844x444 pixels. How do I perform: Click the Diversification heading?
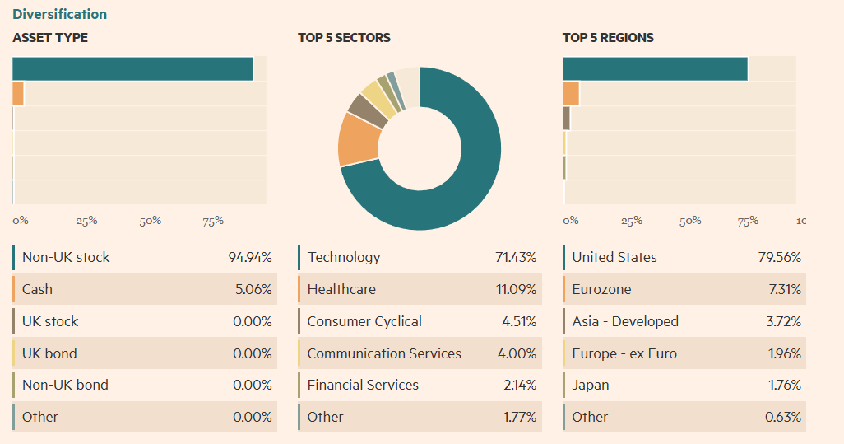(x=59, y=14)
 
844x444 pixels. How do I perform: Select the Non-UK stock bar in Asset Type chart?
(x=132, y=69)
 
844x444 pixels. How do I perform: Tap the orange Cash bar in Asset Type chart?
(x=18, y=94)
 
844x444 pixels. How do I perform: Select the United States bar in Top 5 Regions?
(x=655, y=69)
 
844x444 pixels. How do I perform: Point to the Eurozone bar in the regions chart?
(x=571, y=94)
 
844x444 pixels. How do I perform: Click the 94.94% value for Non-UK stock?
(x=249, y=257)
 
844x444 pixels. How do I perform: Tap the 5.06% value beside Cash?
(x=253, y=289)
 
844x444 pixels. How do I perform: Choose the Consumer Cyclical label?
(x=364, y=321)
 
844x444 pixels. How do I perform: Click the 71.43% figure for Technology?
(x=515, y=257)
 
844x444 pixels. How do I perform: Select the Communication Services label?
(x=384, y=353)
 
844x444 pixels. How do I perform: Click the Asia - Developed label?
(x=625, y=321)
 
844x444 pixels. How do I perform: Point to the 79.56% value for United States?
(x=779, y=257)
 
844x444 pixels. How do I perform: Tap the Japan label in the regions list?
(x=591, y=385)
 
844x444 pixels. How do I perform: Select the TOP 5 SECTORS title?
(x=344, y=38)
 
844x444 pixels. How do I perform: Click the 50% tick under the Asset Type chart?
(x=150, y=221)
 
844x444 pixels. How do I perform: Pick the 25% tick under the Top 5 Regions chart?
(x=631, y=221)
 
